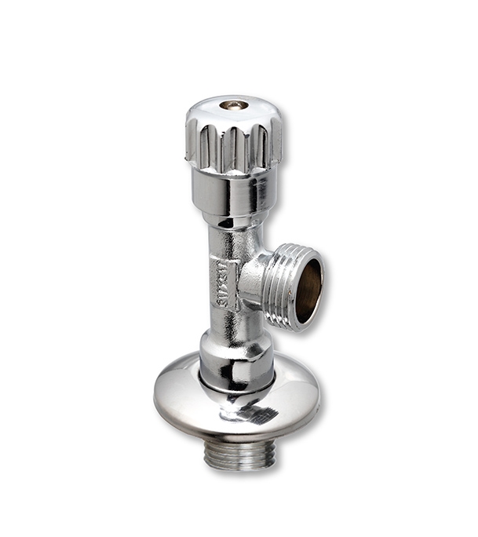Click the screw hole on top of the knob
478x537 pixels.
coord(233,104)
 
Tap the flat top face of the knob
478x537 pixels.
coord(253,109)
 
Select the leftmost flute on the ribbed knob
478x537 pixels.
coord(194,141)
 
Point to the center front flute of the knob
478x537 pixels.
coord(233,149)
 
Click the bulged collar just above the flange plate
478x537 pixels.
coord(235,357)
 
